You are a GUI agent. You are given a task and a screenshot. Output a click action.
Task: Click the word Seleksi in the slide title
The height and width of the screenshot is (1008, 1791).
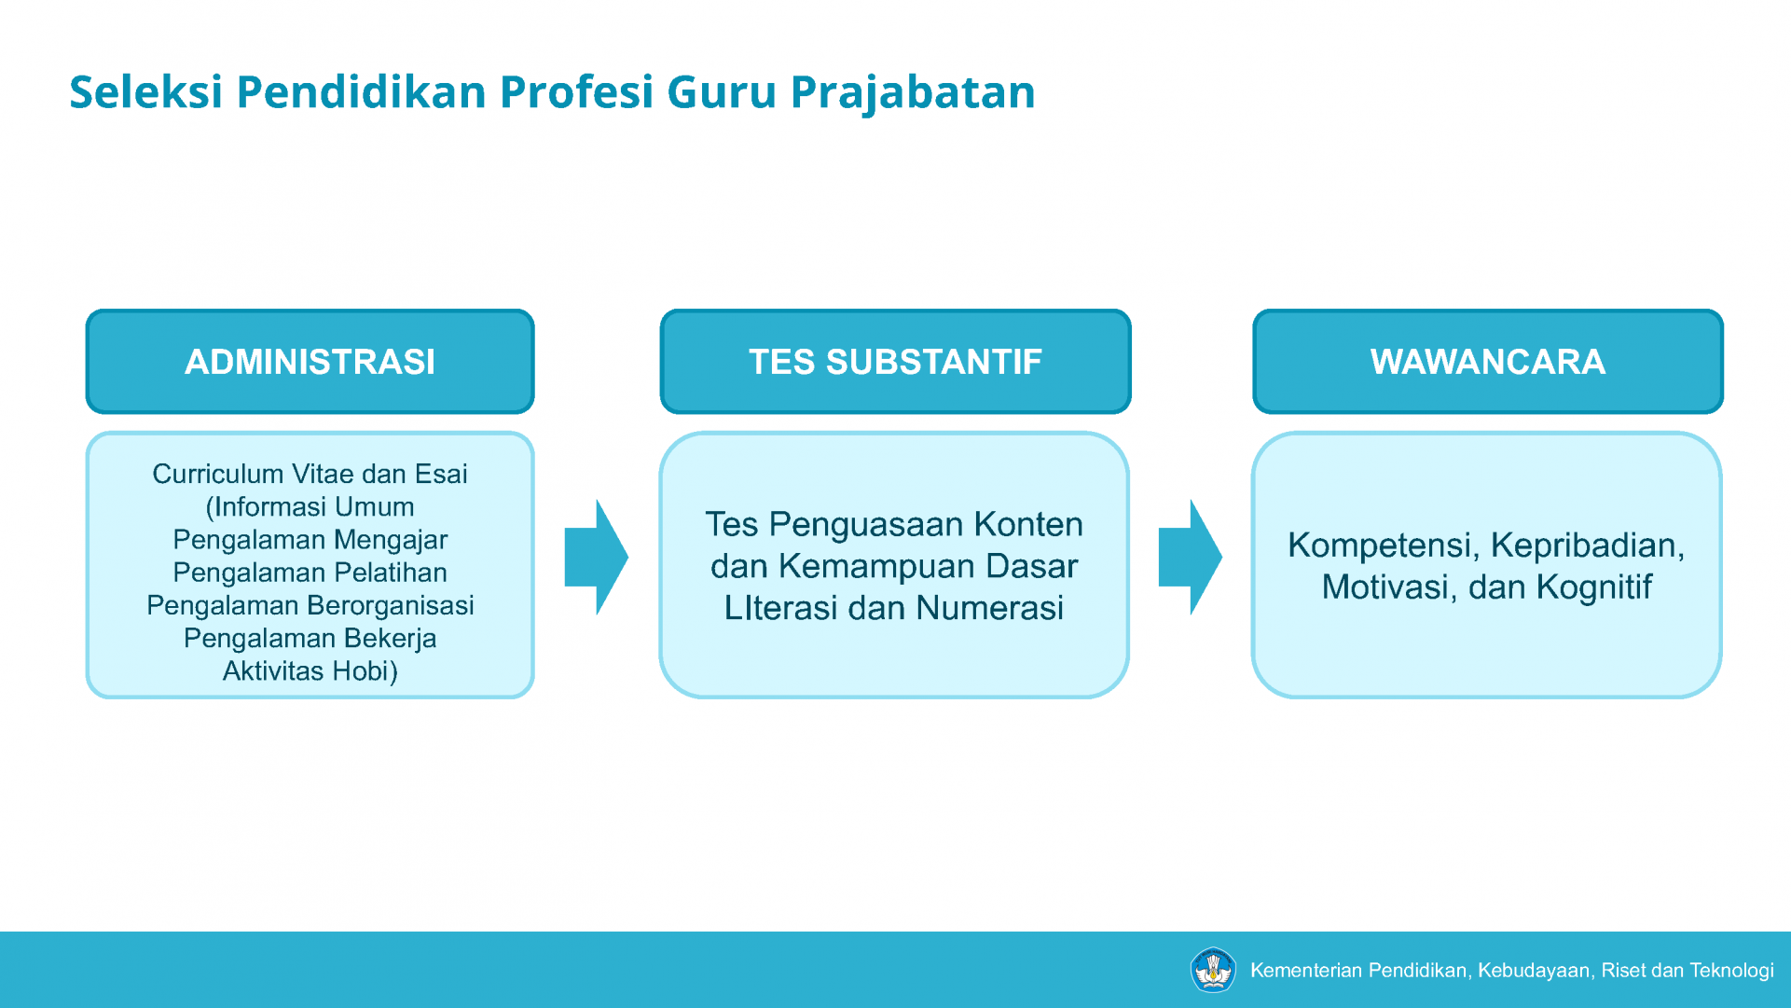(x=146, y=91)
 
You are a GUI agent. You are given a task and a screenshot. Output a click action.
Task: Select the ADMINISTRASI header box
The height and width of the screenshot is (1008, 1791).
(x=310, y=362)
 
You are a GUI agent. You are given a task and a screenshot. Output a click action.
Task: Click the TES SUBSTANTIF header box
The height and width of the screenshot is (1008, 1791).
(x=895, y=362)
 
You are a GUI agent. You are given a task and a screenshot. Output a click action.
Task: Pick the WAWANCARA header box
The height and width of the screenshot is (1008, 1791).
(x=1488, y=362)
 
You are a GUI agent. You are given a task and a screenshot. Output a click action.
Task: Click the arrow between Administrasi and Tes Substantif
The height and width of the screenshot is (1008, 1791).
(x=596, y=558)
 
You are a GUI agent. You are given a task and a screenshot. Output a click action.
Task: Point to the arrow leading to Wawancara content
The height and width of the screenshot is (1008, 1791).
(x=1190, y=558)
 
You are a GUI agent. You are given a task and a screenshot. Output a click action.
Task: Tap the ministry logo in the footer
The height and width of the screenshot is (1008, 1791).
(x=1213, y=970)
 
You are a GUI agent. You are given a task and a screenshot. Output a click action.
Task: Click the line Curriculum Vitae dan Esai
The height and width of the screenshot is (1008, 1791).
(x=310, y=474)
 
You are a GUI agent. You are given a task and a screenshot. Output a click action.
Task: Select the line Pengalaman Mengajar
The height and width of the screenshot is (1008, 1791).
(x=310, y=540)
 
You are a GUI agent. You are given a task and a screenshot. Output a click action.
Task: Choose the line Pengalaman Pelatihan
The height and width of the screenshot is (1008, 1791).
(x=310, y=573)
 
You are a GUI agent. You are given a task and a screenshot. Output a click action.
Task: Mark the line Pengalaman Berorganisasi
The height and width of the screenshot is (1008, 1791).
(x=310, y=605)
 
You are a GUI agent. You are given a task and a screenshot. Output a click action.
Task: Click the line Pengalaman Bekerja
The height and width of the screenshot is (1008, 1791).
(x=310, y=639)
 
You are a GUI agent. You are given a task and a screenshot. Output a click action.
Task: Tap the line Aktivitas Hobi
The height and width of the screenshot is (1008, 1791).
(x=310, y=671)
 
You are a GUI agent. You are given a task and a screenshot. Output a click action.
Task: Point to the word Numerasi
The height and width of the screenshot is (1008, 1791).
(x=989, y=608)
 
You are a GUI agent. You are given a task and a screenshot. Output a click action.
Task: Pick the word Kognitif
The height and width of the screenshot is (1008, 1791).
(x=1594, y=587)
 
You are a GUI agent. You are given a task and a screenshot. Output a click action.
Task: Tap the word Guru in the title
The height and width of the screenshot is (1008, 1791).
(x=722, y=91)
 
